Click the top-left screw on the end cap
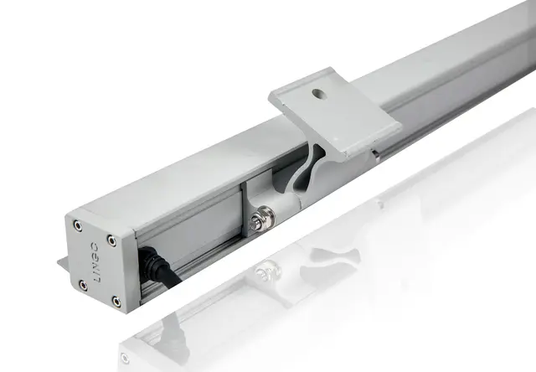coord(78,225)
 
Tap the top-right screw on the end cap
coord(111,240)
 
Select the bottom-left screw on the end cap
coord(83,286)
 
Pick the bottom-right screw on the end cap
coord(116,302)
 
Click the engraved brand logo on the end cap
coord(95,262)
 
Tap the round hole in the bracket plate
coord(318,94)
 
